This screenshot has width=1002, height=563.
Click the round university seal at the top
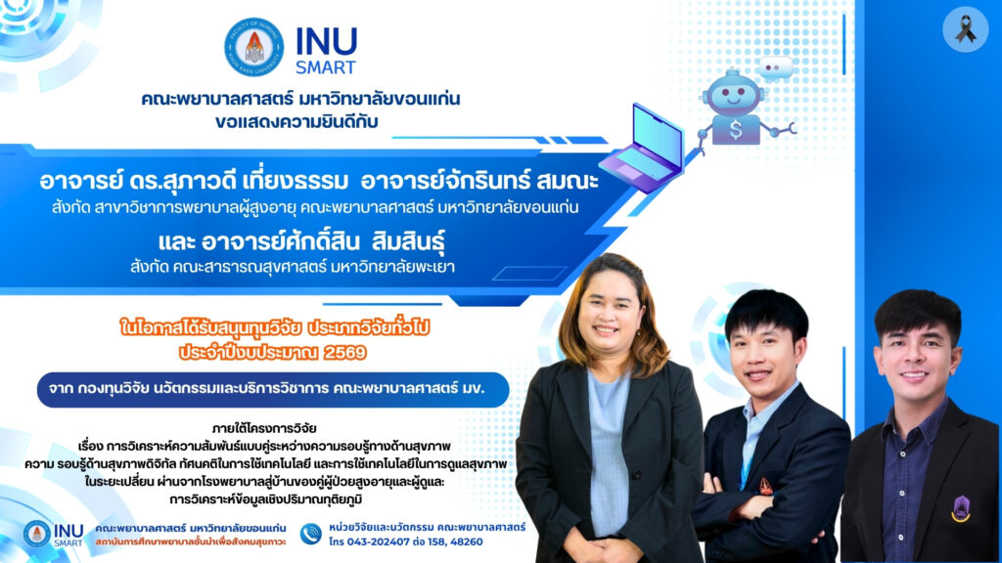[x=253, y=47]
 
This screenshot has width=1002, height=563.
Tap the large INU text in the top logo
[x=326, y=42]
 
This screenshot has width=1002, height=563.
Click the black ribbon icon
[x=965, y=29]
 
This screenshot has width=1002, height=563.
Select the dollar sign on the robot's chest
[x=736, y=130]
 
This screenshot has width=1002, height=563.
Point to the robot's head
[x=733, y=94]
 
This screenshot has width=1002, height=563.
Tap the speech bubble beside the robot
[x=775, y=67]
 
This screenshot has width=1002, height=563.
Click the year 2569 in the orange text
[x=345, y=352]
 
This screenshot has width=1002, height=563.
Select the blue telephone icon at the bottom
[x=310, y=534]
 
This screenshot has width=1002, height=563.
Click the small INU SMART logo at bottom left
[x=54, y=535]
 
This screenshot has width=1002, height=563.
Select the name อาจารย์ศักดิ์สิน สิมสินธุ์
[x=323, y=242]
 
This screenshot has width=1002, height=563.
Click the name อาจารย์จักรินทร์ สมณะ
[x=479, y=181]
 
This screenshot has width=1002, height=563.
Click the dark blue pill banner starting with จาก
[x=273, y=389]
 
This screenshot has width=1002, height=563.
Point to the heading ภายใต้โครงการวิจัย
[x=264, y=428]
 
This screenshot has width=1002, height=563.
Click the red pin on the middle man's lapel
[x=765, y=487]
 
